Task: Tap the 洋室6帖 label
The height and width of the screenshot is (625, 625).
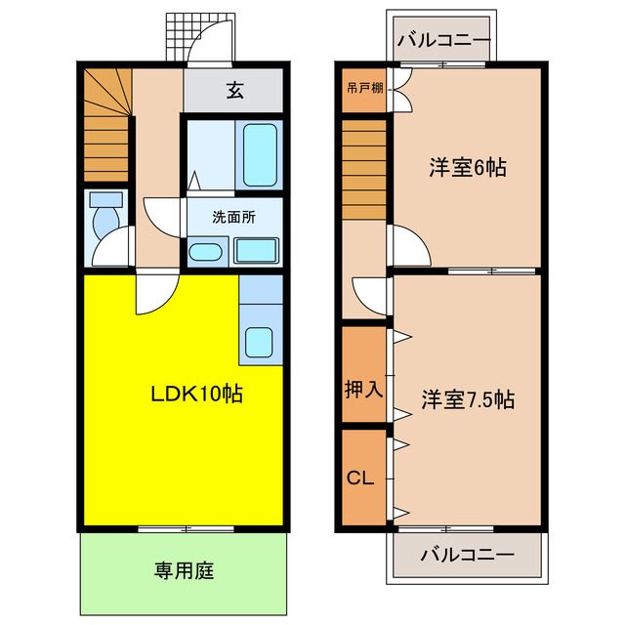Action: pos(467,167)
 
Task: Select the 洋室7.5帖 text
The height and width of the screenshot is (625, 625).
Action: pos(468,399)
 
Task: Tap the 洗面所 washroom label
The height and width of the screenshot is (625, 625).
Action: pos(234,217)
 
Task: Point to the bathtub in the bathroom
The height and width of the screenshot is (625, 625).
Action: pos(261,153)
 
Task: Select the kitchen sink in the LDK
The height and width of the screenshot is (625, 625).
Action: pos(259,343)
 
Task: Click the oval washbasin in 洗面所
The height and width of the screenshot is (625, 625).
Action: pos(205,252)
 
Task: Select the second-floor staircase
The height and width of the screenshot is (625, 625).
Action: pos(363,171)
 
